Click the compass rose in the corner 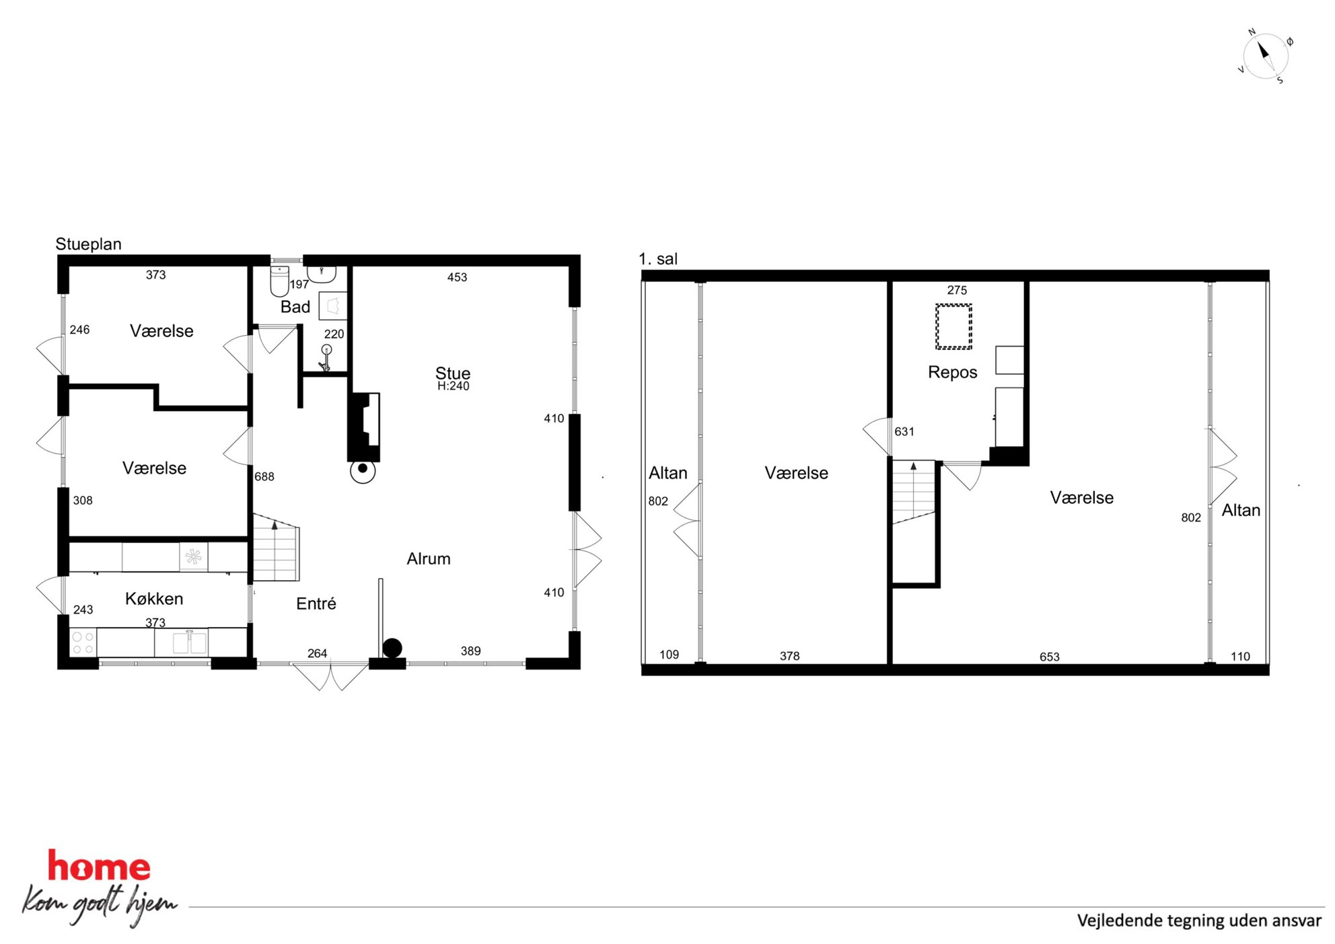point(1265,56)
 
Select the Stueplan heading point(88,244)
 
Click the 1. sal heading point(657,259)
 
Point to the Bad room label point(295,307)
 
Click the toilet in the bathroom point(279,281)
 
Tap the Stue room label point(453,373)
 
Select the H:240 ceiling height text point(454,386)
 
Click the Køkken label point(154,599)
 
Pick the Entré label point(316,604)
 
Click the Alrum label point(429,558)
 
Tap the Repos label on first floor point(952,372)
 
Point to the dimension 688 point(264,476)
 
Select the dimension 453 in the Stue point(457,277)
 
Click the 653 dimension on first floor point(1049,657)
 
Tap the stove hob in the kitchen point(83,643)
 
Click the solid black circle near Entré point(392,648)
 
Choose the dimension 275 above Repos point(957,290)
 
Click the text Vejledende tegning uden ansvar point(1199,920)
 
